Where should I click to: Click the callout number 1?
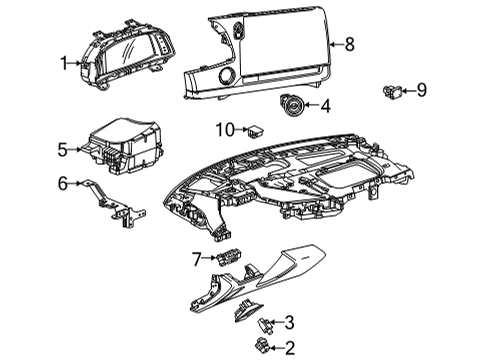click(63, 63)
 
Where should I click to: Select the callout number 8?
click(349, 43)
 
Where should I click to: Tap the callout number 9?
click(421, 90)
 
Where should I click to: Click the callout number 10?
click(225, 129)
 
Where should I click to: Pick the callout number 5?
click(62, 150)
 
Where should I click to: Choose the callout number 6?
click(62, 183)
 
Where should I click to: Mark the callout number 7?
click(197, 259)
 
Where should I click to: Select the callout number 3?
click(289, 322)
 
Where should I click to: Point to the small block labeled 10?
click(257, 130)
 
